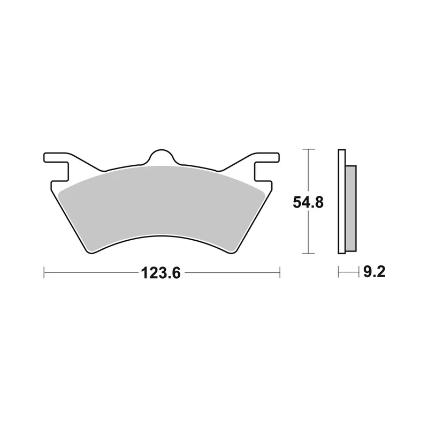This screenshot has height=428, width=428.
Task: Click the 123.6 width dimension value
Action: (x=161, y=273)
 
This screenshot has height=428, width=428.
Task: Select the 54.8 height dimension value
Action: (x=308, y=203)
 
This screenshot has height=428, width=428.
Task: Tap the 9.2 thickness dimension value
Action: (x=374, y=272)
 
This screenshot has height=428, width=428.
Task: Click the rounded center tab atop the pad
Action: (x=161, y=157)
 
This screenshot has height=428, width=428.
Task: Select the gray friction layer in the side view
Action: (x=351, y=208)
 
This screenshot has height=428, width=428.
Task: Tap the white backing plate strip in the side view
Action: (x=342, y=202)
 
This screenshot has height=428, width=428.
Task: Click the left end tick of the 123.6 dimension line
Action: (x=44, y=272)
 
